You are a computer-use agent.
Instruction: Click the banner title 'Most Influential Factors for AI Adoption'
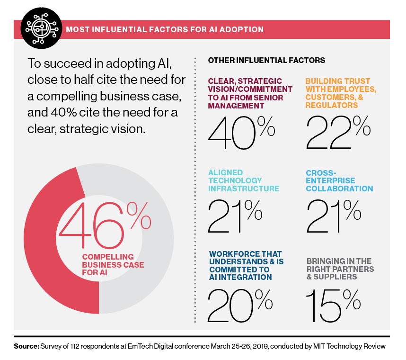click(165, 29)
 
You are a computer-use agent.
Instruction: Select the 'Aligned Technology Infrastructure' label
click(243, 180)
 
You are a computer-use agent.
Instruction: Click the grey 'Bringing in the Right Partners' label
click(339, 269)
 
